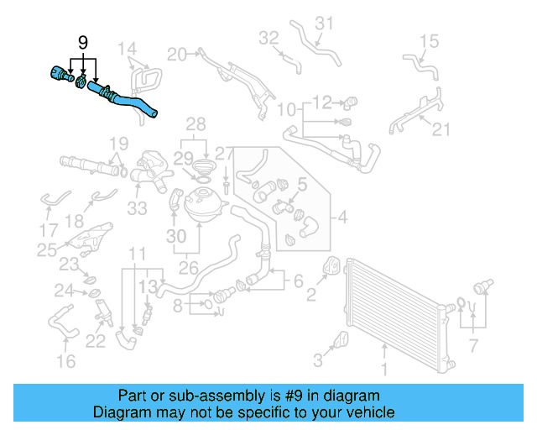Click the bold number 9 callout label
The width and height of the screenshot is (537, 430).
[x=82, y=42]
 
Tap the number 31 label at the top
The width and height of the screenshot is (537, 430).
[x=324, y=23]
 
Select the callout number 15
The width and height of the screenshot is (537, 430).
[x=429, y=40]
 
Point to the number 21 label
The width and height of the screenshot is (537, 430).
[x=441, y=128]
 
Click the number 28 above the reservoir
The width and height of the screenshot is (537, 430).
[x=196, y=125]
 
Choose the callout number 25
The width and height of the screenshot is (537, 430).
[x=47, y=249]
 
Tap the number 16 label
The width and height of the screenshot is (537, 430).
[x=65, y=361]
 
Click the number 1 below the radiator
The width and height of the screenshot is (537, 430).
[x=384, y=369]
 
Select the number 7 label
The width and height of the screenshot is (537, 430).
[x=474, y=345]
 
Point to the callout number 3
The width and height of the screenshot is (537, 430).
[x=317, y=361]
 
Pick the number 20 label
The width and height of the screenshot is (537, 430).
[x=176, y=55]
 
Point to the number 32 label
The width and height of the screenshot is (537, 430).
[x=268, y=38]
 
